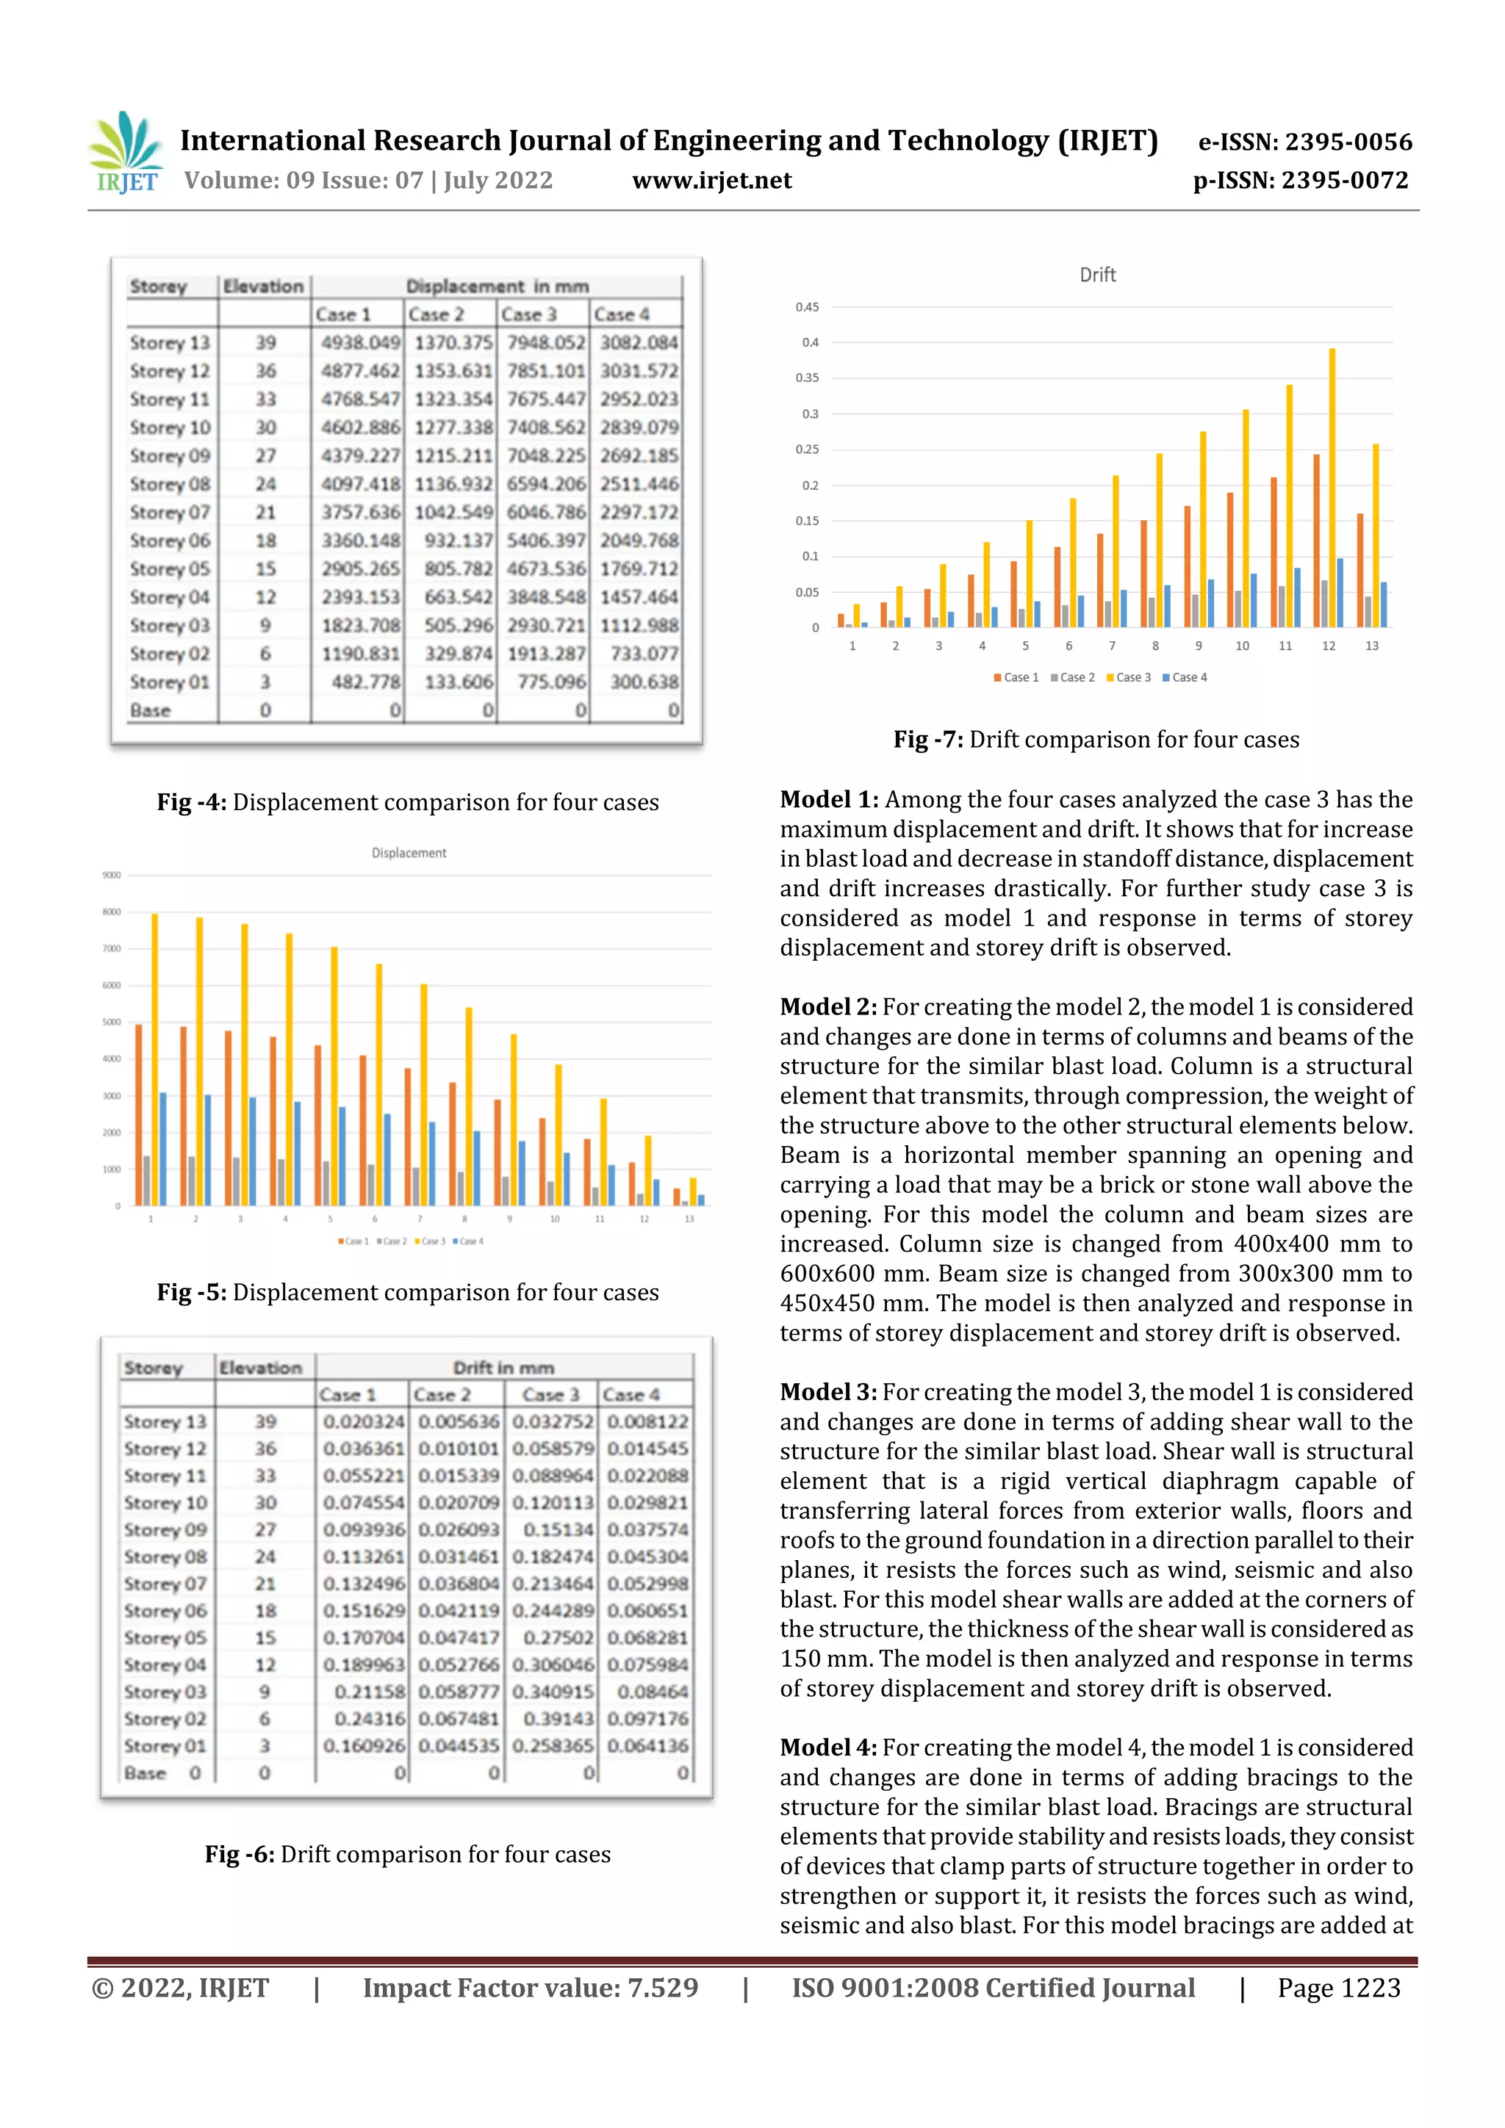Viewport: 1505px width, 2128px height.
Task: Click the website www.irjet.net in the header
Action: coord(711,181)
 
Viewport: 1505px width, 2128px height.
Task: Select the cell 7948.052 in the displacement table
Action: coord(545,343)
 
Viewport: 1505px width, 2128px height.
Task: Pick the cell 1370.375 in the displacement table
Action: coord(453,343)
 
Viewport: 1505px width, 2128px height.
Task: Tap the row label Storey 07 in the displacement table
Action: coord(170,513)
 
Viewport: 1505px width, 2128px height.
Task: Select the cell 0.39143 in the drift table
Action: coord(558,1718)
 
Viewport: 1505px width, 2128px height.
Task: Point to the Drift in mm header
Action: coord(503,1368)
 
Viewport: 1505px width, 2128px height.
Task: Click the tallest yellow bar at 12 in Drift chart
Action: coord(1332,488)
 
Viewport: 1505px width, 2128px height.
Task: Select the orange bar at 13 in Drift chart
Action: coord(1360,570)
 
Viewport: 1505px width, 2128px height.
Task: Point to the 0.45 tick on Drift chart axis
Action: coord(807,307)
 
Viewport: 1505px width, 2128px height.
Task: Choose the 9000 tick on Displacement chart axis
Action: coord(111,875)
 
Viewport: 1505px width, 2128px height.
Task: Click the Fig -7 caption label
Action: coord(928,740)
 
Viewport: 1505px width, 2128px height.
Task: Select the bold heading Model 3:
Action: coord(828,1392)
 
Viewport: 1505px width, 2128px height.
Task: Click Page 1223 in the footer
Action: coord(1338,1988)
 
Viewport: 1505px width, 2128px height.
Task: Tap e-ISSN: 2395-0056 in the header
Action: coord(1304,142)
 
